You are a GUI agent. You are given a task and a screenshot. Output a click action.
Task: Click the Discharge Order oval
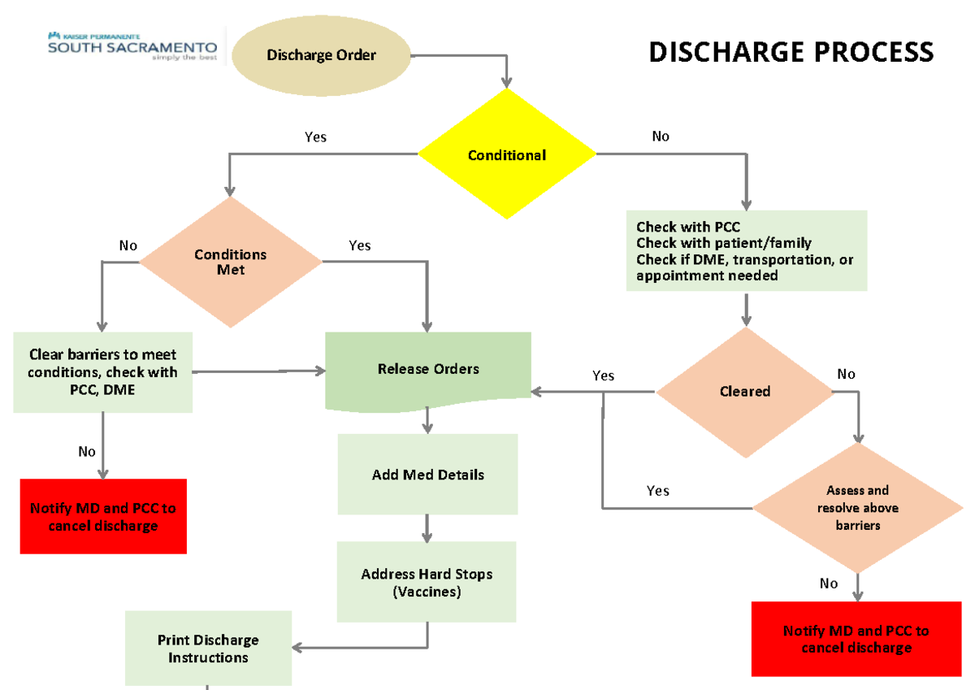pyautogui.click(x=321, y=55)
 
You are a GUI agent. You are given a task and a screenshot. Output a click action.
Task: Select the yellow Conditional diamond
pyautogui.click(x=507, y=154)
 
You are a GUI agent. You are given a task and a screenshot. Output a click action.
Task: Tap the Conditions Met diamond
pyautogui.click(x=231, y=261)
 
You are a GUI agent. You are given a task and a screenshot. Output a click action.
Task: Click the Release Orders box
pyautogui.click(x=428, y=370)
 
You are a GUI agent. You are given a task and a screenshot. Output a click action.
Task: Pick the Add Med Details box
pyautogui.click(x=427, y=475)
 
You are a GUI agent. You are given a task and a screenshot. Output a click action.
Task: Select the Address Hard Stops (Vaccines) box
pyautogui.click(x=427, y=583)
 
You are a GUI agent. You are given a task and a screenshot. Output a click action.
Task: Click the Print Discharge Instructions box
pyautogui.click(x=208, y=649)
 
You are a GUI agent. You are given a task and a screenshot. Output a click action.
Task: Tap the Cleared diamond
pyautogui.click(x=745, y=392)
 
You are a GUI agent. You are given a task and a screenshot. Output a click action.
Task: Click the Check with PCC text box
pyautogui.click(x=746, y=250)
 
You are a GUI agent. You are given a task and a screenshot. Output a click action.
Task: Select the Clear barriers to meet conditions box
pyautogui.click(x=103, y=372)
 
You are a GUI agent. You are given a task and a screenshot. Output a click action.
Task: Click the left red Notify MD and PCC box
pyautogui.click(x=103, y=517)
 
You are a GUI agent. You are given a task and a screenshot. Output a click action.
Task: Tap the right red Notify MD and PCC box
pyautogui.click(x=856, y=639)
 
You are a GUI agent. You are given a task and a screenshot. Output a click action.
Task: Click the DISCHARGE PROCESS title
pyautogui.click(x=791, y=53)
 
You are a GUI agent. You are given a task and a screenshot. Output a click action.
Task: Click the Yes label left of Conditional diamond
pyautogui.click(x=315, y=137)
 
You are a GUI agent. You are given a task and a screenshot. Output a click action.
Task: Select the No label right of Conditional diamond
pyautogui.click(x=661, y=137)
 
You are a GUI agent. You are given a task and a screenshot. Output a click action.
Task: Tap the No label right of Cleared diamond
pyautogui.click(x=846, y=374)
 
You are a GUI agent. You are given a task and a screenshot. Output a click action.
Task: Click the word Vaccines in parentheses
pyautogui.click(x=427, y=592)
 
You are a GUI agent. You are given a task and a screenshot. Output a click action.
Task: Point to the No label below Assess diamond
pyautogui.click(x=829, y=584)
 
